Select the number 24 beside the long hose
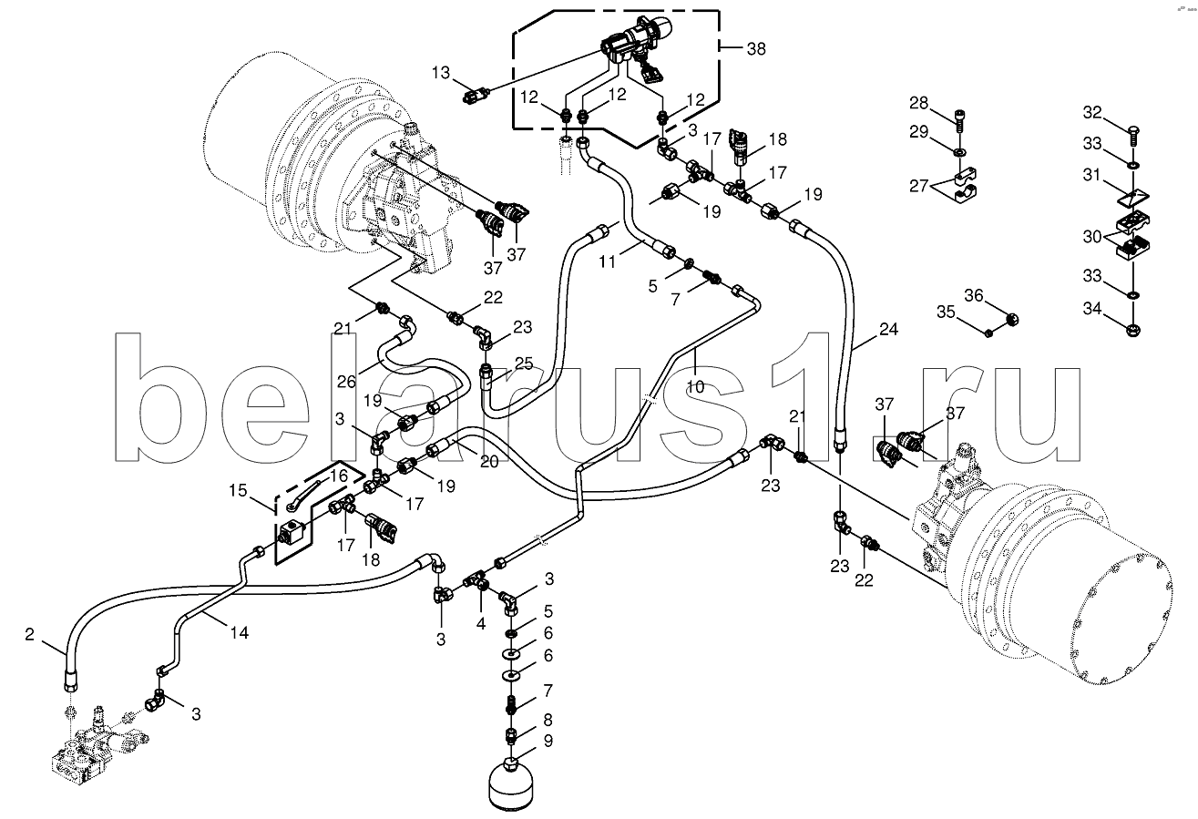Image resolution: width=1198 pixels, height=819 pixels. tap(888, 329)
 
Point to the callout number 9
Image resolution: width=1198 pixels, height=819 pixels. tap(548, 741)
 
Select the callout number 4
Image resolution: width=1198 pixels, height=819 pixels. tap(480, 625)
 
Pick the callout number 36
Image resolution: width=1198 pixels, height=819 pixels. tap(974, 294)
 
